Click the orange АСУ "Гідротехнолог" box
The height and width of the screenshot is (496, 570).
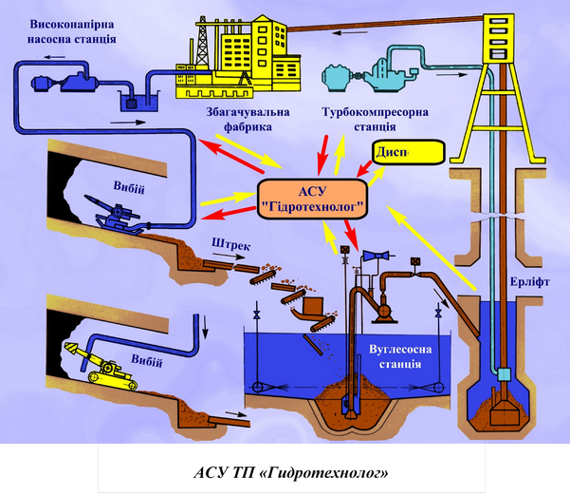click(x=312, y=195)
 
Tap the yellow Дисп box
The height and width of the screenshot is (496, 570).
click(x=407, y=152)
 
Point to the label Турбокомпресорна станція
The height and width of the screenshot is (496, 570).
click(x=375, y=118)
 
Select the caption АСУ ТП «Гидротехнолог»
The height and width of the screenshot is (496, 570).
click(x=285, y=471)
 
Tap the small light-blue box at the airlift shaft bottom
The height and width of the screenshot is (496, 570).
click(x=503, y=372)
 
